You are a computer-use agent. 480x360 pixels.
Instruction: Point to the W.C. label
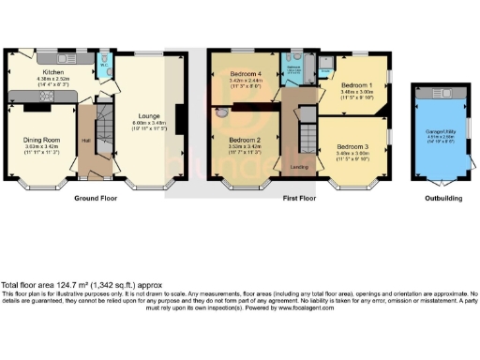[x=102, y=67]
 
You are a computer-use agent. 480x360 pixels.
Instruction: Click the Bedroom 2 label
[x=245, y=140]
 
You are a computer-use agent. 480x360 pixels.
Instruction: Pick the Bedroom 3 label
[x=353, y=147]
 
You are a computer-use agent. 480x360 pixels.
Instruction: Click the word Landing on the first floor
[x=300, y=167]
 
